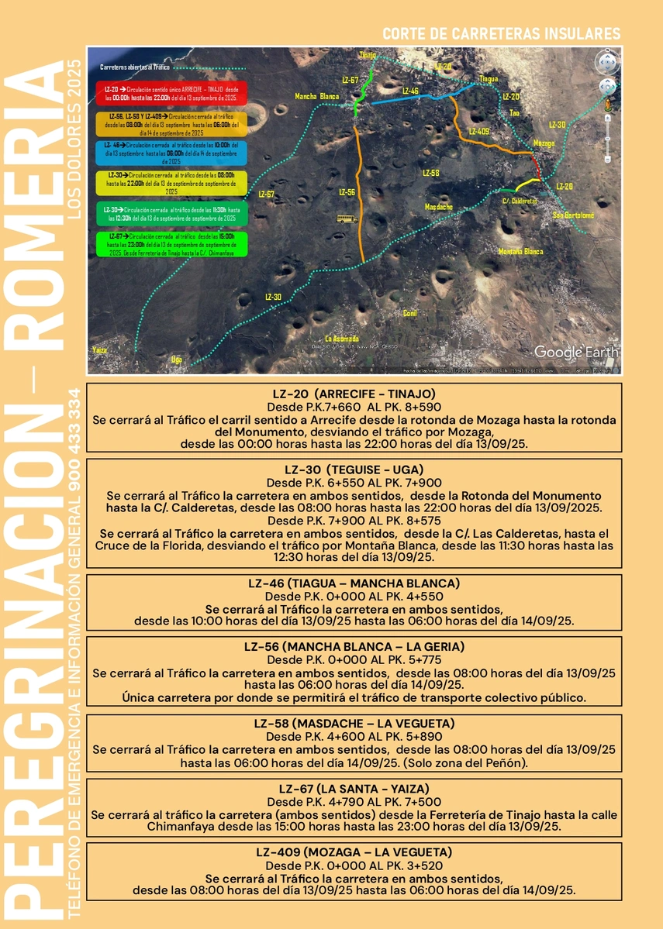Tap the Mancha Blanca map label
pyautogui.click(x=317, y=97)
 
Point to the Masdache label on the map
pyautogui.click(x=439, y=207)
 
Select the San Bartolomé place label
pyautogui.click(x=573, y=215)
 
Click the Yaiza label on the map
pyautogui.click(x=98, y=350)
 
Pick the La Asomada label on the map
pyautogui.click(x=342, y=339)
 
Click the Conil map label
pyautogui.click(x=410, y=313)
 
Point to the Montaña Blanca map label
pyautogui.click(x=520, y=251)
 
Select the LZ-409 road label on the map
pyautogui.click(x=478, y=132)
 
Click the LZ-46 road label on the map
pyautogui.click(x=411, y=91)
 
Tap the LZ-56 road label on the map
pyautogui.click(x=347, y=191)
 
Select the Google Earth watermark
pyautogui.click(x=576, y=352)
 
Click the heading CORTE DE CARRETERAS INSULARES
pyautogui.click(x=502, y=34)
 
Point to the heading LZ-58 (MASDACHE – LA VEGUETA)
pyautogui.click(x=354, y=723)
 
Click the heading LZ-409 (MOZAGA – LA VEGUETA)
pyautogui.click(x=354, y=852)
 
